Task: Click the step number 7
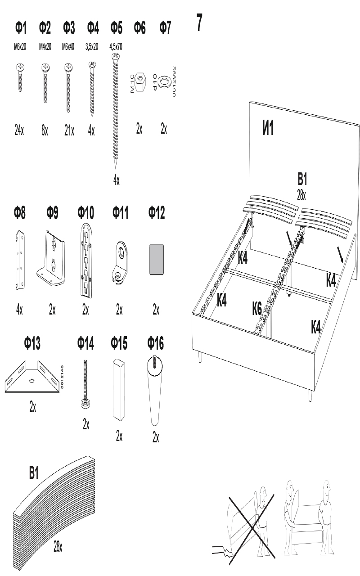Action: [x=199, y=23]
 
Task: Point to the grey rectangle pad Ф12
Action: [x=156, y=259]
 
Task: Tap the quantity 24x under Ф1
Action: [x=19, y=131]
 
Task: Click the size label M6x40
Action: [x=68, y=46]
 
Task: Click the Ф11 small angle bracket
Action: [x=119, y=263]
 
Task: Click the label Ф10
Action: [x=86, y=213]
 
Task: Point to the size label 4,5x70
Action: [x=117, y=46]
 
